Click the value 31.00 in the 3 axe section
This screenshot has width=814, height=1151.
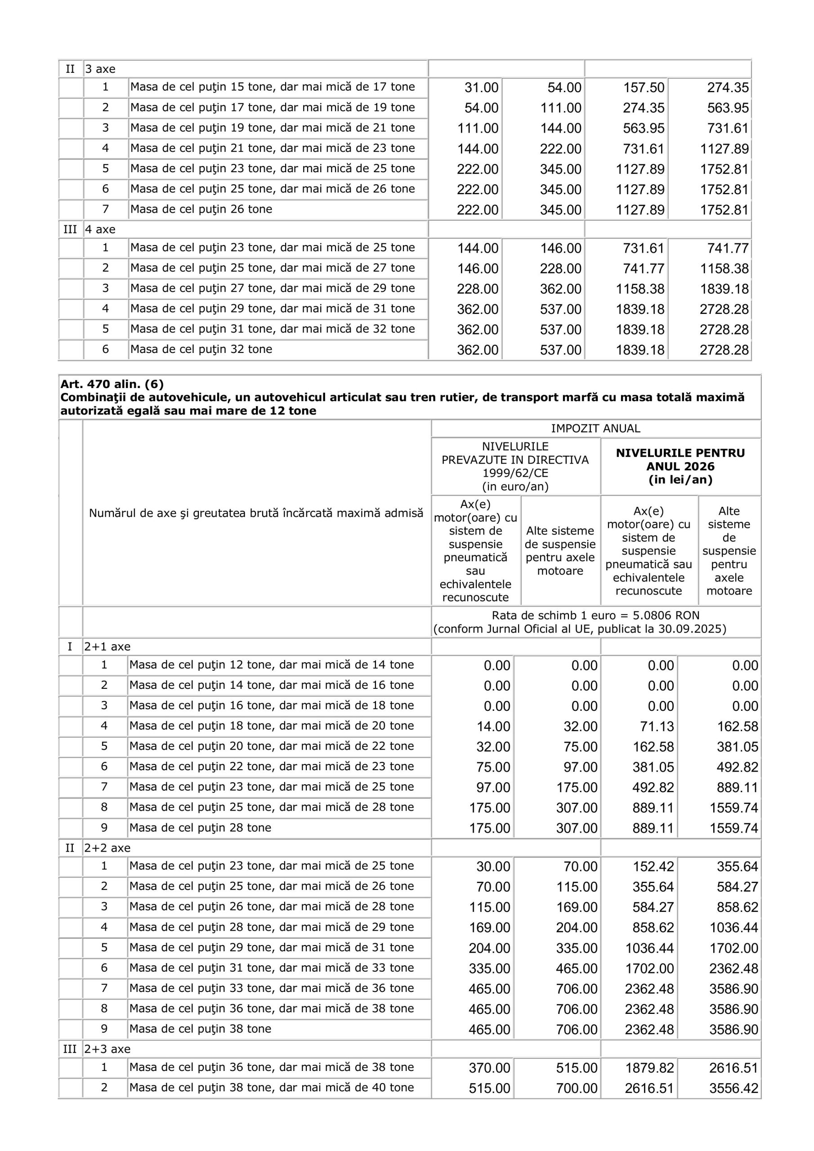[x=481, y=88]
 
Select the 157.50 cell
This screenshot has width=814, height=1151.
[x=644, y=88]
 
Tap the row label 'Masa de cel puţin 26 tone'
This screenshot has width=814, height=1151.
[x=201, y=209]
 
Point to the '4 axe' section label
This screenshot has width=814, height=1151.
[x=100, y=230]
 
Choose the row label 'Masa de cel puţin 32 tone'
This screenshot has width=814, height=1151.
[x=201, y=349]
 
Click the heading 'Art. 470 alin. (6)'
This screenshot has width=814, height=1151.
[x=112, y=384]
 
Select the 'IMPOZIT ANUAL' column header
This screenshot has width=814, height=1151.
[x=595, y=428]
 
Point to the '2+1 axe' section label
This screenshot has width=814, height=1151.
[x=107, y=647]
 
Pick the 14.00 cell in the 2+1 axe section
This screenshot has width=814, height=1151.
[x=493, y=727]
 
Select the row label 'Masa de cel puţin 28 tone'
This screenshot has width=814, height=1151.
[x=200, y=828]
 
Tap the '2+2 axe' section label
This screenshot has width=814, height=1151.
[x=107, y=848]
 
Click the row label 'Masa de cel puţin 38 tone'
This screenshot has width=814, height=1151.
[x=200, y=1029]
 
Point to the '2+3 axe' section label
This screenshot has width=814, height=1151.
[x=107, y=1049]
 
